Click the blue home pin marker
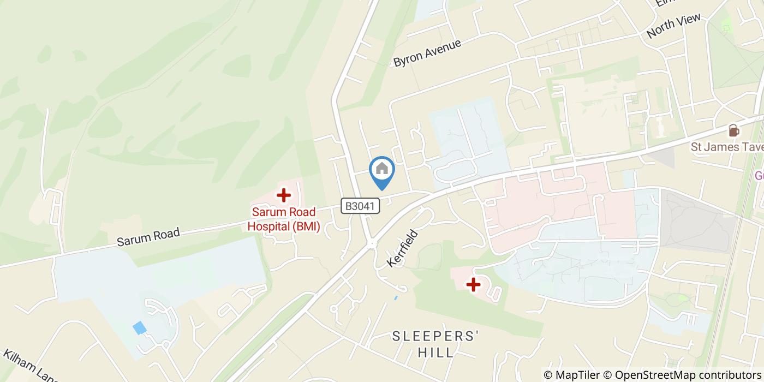tap(382, 172)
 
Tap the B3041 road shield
tap(360, 206)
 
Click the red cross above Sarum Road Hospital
tap(283, 195)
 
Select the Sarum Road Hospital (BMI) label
tap(284, 219)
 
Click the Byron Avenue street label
tap(427, 53)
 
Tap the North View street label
tap(673, 26)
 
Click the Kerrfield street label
tap(403, 248)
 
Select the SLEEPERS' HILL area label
tap(435, 344)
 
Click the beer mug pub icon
tap(733, 131)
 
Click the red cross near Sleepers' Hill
tap(473, 284)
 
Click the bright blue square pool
tap(140, 327)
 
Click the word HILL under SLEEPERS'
tap(435, 353)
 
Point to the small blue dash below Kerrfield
tap(396, 298)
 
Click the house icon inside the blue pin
tap(382, 168)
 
